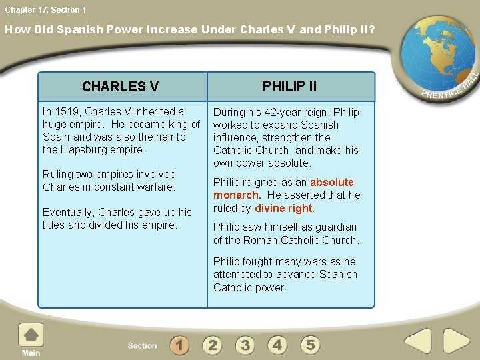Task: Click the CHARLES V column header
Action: point(120,87)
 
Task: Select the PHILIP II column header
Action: point(289,86)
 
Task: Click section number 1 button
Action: point(179,345)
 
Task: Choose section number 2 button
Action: point(212,345)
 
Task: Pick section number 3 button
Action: point(245,345)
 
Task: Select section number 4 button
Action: point(277,345)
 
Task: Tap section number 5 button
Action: point(310,345)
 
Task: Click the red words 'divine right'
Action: point(284,208)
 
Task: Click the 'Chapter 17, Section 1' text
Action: point(45,9)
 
